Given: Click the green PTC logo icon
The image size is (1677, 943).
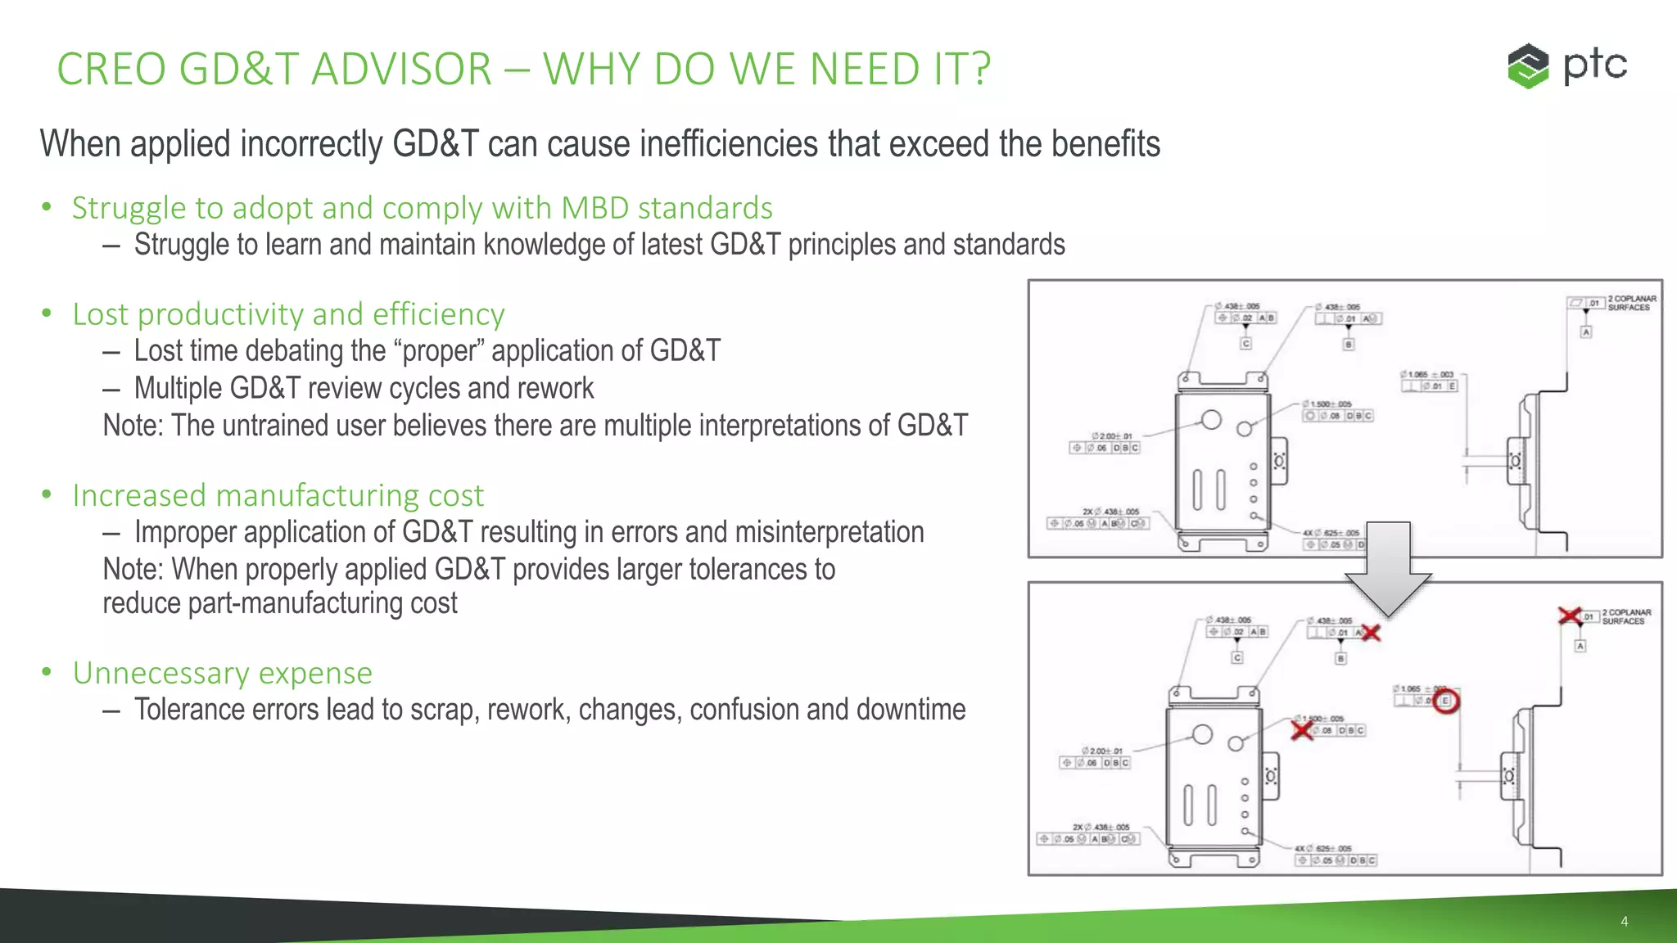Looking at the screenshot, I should coord(1528,65).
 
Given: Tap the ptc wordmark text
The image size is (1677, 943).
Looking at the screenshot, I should coord(1595,65).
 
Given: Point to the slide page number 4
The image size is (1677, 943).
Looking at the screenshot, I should coord(1624,922).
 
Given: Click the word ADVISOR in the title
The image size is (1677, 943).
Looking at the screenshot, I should coord(401,69).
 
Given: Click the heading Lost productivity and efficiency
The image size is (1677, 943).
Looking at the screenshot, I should coord(288,314).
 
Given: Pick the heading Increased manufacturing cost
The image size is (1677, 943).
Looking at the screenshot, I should coord(278,495).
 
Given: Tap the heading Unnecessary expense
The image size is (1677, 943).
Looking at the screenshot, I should coord(222,673).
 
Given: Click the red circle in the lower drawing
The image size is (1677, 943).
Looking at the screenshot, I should coord(1446,701).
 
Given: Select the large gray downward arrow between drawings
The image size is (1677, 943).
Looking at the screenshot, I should coord(1388,570).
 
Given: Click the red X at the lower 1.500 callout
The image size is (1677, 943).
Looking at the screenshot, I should coord(1302,729).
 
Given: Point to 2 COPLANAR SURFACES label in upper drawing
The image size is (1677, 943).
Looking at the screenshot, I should coord(1632,303).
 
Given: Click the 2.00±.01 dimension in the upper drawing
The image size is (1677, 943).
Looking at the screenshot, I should coord(1111,436).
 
